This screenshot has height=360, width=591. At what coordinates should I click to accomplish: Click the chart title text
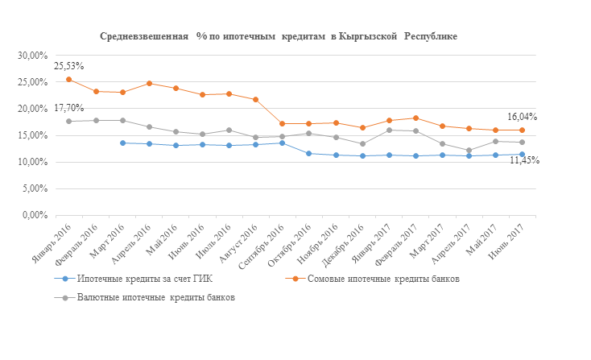click(x=279, y=37)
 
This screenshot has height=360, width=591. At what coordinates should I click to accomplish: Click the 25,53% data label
click(x=69, y=66)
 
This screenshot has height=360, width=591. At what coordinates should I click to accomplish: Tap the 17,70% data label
click(x=69, y=108)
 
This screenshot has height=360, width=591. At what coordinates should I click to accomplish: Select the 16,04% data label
click(x=522, y=117)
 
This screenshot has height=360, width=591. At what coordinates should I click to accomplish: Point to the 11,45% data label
click(x=523, y=160)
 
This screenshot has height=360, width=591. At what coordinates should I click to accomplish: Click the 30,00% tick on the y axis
click(x=33, y=56)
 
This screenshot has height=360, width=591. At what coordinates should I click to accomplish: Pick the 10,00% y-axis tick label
click(x=33, y=163)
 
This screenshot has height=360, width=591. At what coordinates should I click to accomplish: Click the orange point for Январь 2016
click(x=69, y=80)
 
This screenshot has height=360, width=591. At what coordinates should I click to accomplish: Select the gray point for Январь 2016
click(x=69, y=122)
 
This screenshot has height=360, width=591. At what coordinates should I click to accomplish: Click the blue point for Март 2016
click(x=122, y=143)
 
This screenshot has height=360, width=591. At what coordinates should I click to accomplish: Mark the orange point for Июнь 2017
click(x=523, y=130)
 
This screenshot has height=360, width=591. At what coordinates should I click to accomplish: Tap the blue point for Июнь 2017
click(x=523, y=155)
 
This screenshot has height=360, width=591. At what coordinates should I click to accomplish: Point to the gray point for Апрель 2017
click(x=469, y=151)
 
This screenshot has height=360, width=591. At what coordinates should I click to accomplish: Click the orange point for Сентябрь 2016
click(x=282, y=124)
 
